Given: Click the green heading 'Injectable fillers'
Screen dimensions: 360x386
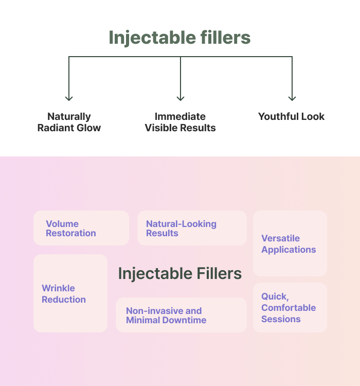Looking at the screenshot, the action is (x=179, y=38).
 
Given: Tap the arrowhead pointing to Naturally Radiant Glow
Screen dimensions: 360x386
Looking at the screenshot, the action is (x=69, y=98).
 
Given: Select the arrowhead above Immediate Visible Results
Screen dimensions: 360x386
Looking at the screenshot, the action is (x=181, y=98).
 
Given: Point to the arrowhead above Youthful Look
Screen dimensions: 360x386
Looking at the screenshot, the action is (x=292, y=98).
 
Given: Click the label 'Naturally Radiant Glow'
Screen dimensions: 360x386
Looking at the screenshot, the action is (x=69, y=122).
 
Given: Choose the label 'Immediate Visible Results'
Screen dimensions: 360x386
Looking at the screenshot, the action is (x=180, y=122).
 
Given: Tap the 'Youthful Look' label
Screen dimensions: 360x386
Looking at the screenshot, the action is (x=292, y=116).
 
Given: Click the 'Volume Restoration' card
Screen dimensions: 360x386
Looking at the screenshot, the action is (x=81, y=228).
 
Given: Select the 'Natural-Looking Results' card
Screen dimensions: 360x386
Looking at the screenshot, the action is (x=192, y=228).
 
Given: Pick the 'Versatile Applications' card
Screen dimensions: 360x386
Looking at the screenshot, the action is (x=290, y=243).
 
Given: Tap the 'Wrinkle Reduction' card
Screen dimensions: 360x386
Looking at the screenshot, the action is (x=70, y=293).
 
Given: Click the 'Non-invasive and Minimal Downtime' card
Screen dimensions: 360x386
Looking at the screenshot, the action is (x=182, y=315).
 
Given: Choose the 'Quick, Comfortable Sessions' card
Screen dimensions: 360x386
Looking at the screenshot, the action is (x=290, y=307).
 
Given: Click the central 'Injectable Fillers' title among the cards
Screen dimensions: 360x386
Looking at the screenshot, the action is (x=180, y=274).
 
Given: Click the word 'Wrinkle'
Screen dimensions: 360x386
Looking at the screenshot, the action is (x=58, y=288).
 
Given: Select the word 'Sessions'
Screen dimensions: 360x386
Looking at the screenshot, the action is (x=281, y=319).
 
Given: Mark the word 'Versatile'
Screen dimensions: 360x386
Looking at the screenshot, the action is (x=280, y=238).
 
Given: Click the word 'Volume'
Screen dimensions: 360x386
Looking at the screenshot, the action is (x=62, y=224).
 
